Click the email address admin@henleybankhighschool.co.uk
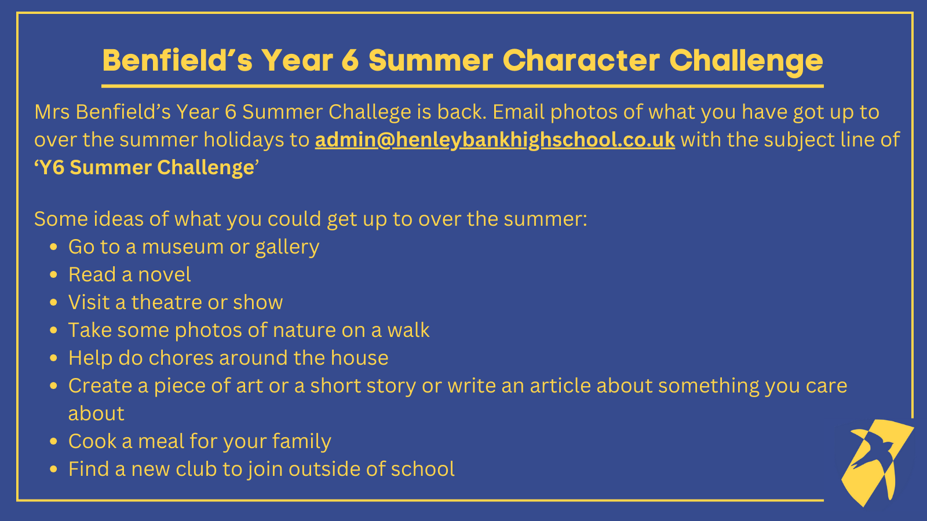[495, 140]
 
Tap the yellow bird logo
[877, 463]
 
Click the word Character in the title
[582, 60]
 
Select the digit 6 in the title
[351, 61]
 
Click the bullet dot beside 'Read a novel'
[53, 275]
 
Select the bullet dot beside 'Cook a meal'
[53, 442]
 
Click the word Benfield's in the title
[177, 60]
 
